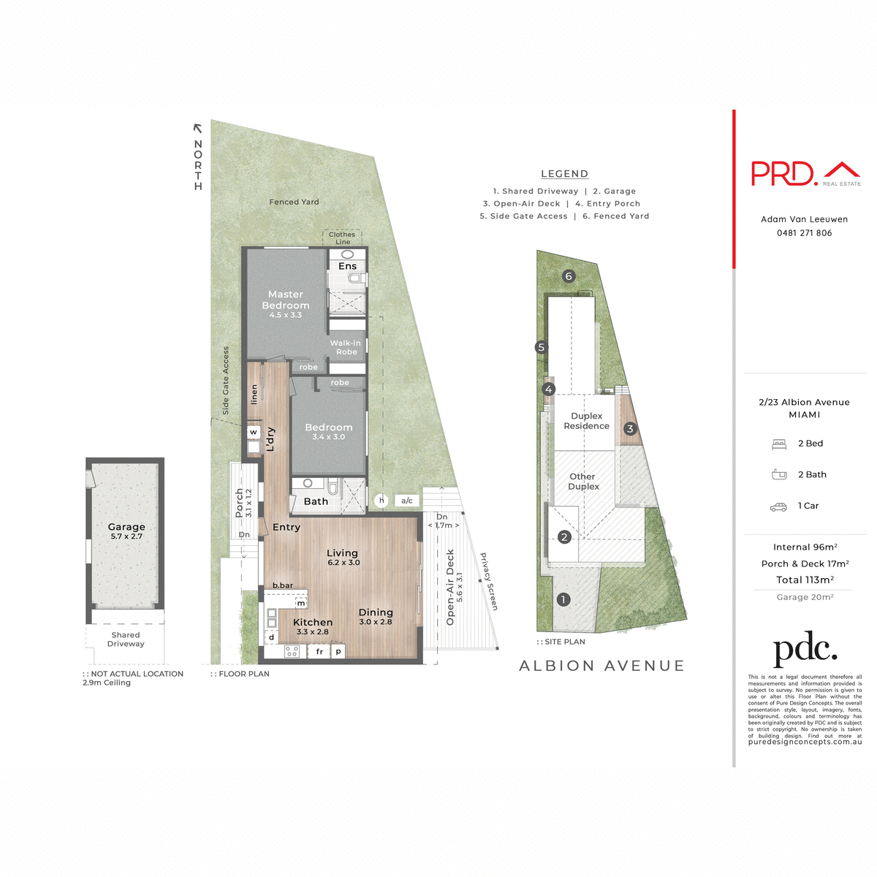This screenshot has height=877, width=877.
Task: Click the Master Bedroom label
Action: [286, 300]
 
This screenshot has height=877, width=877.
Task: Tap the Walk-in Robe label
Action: [346, 347]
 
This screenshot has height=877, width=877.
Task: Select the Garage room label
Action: [126, 527]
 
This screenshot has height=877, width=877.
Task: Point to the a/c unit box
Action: [407, 501]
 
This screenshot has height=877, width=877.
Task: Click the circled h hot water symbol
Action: [381, 501]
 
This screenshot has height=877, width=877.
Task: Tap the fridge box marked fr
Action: [319, 651]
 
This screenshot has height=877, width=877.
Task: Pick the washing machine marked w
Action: [254, 433]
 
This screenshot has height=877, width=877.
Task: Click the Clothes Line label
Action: [342, 238]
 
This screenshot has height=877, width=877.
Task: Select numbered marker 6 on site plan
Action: [569, 276]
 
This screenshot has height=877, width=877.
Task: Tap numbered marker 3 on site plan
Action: [630, 429]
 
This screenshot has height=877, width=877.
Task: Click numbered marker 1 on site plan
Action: [563, 599]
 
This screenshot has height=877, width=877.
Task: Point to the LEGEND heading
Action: [564, 174]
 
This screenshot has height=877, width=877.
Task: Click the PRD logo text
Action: [783, 174]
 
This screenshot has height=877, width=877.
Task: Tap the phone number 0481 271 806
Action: [804, 233]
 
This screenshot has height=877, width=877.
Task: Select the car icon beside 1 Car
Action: [778, 506]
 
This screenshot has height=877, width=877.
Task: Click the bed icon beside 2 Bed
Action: [778, 444]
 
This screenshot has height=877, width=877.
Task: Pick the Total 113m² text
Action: [805, 580]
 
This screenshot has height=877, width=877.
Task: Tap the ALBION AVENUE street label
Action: [601, 666]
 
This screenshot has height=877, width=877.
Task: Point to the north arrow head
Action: [197, 128]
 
